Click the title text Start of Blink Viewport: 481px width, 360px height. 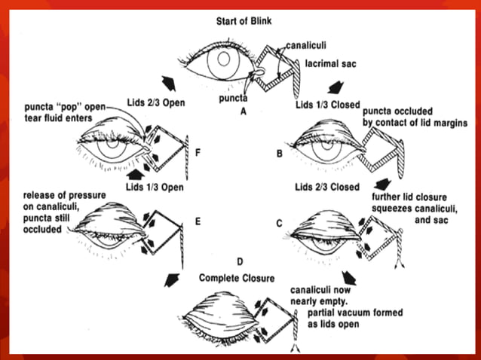pyautogui.click(x=239, y=19)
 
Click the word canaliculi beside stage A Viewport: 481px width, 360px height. pyautogui.click(x=307, y=46)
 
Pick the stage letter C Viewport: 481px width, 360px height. pyautogui.click(x=281, y=223)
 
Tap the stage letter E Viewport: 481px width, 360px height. pyautogui.click(x=197, y=222)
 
